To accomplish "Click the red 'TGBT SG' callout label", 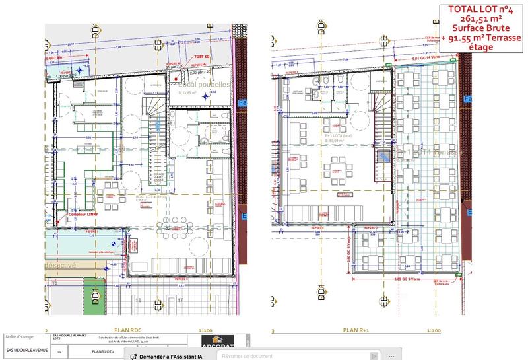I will point(201,58).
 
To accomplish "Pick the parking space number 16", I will point(139,299).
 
